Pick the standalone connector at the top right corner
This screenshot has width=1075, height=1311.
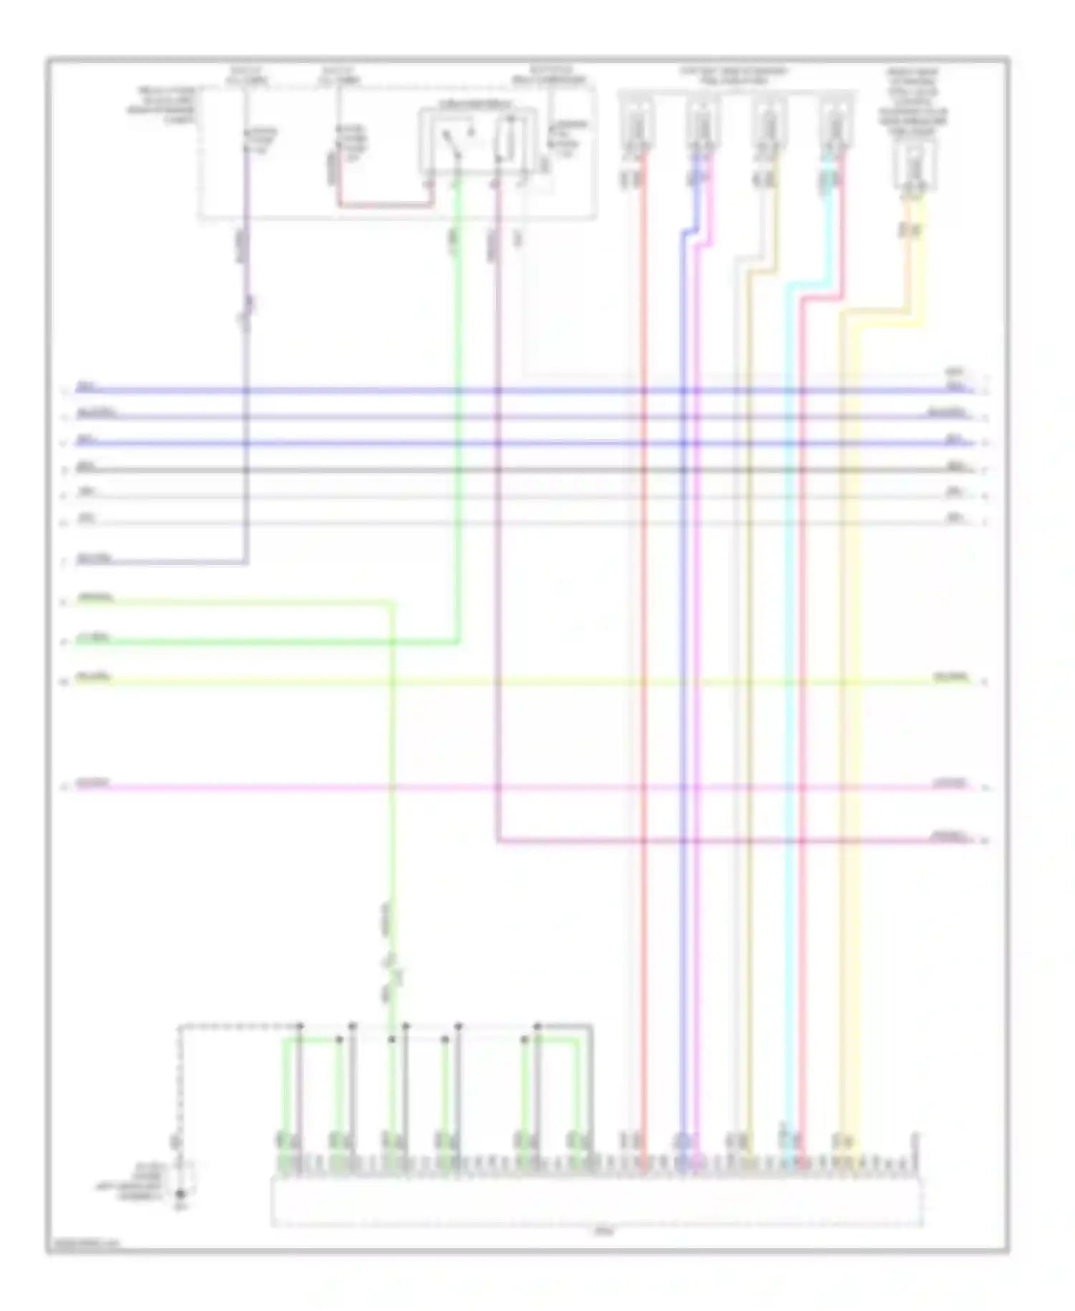coord(914,166)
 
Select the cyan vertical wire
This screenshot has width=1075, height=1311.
coord(788,645)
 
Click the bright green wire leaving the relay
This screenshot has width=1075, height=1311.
coord(457,430)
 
